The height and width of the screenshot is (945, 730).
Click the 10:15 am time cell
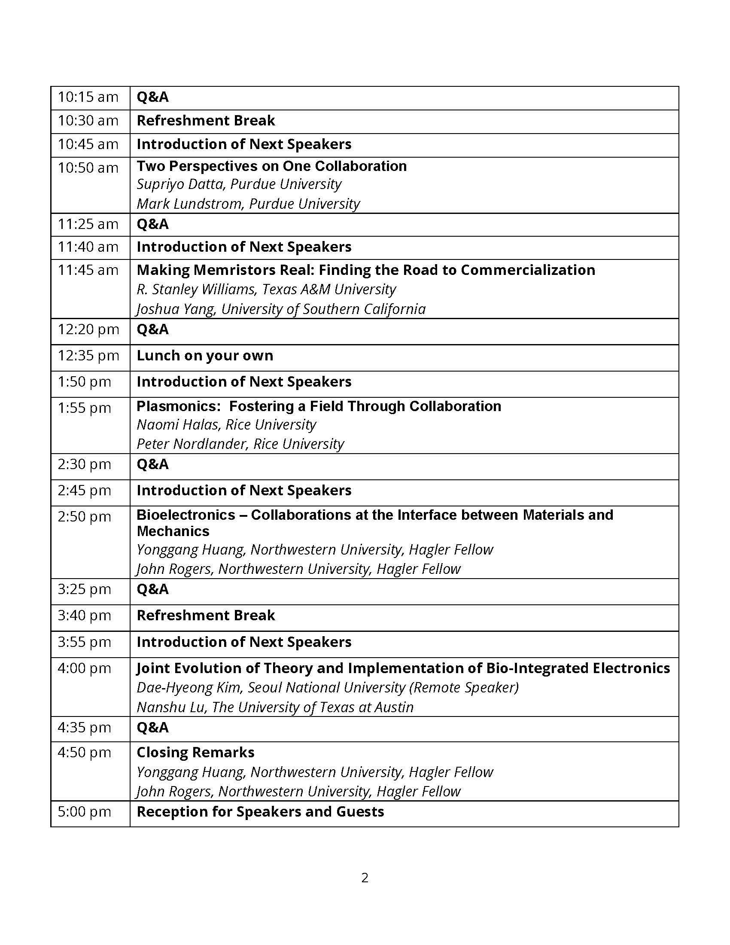coord(88,98)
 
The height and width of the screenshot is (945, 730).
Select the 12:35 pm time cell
coord(88,356)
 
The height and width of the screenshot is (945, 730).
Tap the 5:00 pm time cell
coord(84,812)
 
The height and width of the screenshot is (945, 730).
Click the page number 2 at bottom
coord(365,878)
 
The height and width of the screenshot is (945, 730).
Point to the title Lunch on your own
coord(205,356)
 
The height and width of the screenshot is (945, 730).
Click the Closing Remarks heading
coord(195,753)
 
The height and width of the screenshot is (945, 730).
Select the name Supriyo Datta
coord(181,184)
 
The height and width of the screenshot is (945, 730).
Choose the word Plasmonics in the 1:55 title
coord(179,406)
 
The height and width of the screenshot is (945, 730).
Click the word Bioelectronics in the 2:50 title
coord(186,515)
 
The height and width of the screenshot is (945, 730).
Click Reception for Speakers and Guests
coord(260,812)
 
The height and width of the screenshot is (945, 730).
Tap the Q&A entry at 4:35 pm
coord(153,728)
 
